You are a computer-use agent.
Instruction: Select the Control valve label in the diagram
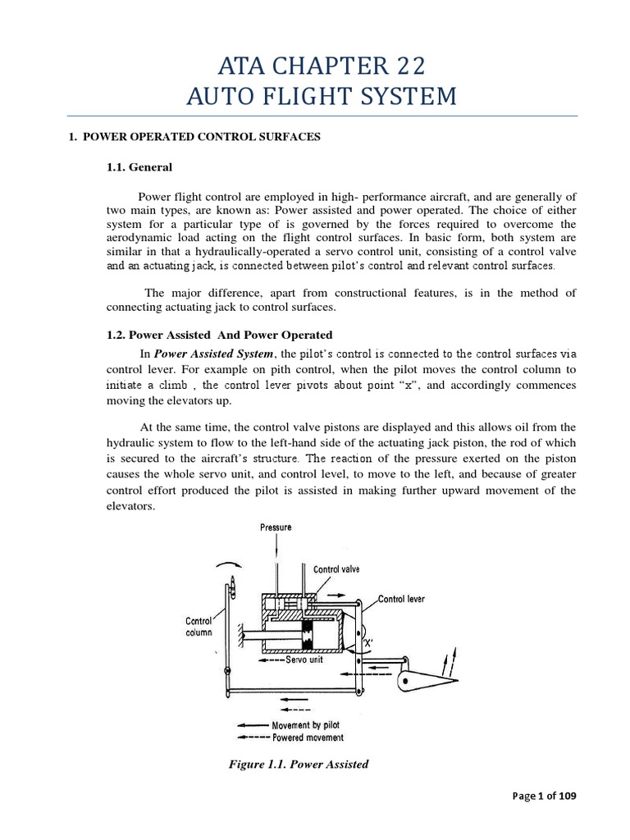(336, 568)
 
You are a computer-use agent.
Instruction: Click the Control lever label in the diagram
(401, 599)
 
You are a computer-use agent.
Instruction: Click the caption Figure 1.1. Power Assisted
(298, 765)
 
